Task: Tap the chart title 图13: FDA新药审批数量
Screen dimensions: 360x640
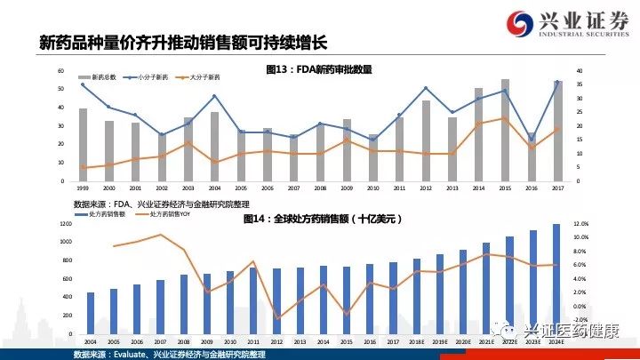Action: pyautogui.click(x=319, y=68)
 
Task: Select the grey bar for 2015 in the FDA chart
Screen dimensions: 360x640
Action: pyautogui.click(x=504, y=130)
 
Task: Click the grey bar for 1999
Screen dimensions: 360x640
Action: pyautogui.click(x=83, y=145)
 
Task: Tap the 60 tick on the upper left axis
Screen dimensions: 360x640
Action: pyautogui.click(x=60, y=70)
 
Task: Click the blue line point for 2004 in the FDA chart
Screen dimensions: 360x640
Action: pyautogui.click(x=214, y=96)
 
